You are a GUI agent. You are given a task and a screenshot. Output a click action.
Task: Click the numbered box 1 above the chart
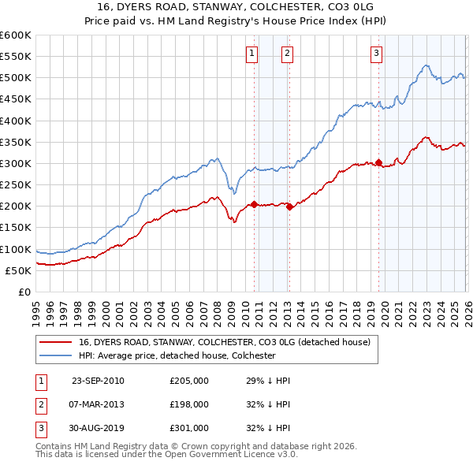point(251,54)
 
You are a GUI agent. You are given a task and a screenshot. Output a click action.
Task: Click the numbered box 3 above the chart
point(376,54)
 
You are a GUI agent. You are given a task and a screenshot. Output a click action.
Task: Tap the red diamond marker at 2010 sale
point(255,204)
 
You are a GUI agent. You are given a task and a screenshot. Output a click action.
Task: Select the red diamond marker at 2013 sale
point(289,207)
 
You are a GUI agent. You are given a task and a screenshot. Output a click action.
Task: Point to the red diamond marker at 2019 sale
point(379,163)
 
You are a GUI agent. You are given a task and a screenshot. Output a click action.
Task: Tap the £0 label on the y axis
point(24,292)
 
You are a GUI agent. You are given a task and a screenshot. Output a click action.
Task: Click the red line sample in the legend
point(55,343)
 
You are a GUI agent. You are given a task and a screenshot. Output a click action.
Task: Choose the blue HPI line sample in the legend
point(55,355)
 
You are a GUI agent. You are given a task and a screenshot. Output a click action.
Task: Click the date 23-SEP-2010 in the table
point(98,381)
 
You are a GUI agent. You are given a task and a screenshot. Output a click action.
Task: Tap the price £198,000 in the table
point(189,404)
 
